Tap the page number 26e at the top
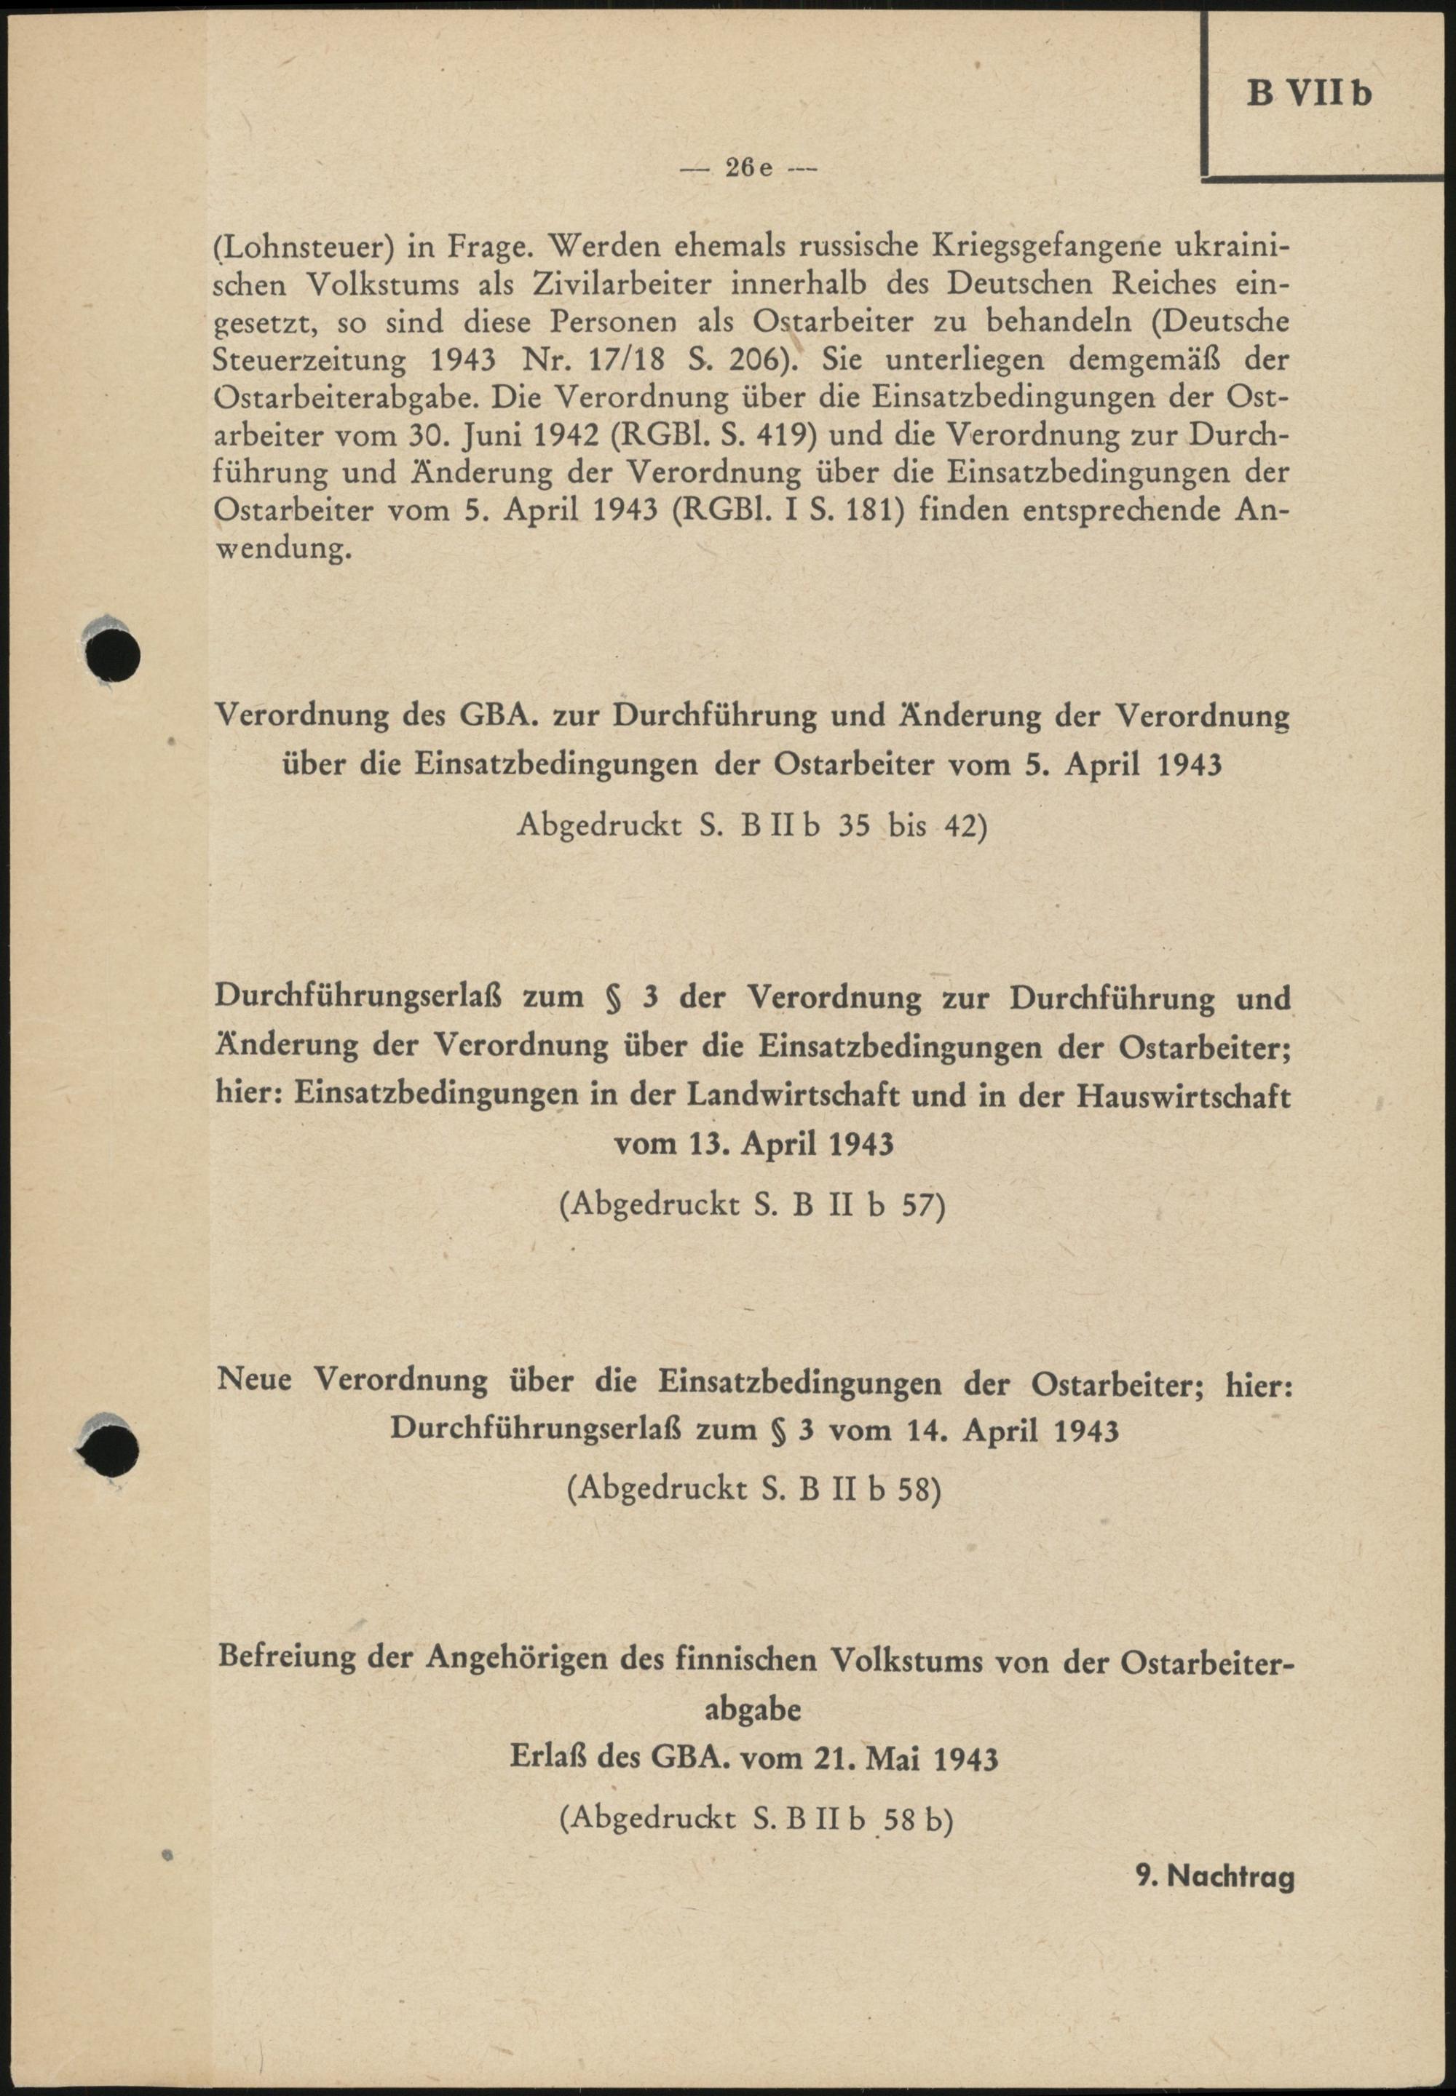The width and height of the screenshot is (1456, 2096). [749, 168]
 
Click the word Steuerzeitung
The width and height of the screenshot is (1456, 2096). [310, 360]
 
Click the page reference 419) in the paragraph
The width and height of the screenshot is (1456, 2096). [783, 435]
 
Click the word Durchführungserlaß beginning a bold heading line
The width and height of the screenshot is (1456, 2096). [360, 997]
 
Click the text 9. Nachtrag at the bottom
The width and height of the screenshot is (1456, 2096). [1215, 1876]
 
